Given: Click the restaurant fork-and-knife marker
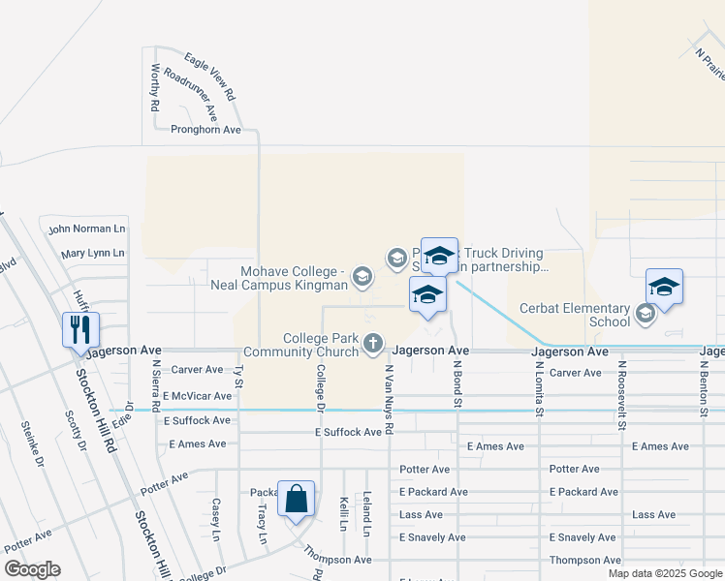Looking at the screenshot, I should (79, 329).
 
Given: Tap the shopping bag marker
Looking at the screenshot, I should (297, 500).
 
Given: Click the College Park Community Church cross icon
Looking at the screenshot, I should (373, 344).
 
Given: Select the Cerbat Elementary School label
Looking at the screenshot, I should (576, 315).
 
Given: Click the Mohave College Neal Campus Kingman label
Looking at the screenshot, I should (279, 278).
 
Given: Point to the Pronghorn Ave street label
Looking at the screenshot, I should (205, 130).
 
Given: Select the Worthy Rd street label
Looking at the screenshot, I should (155, 88).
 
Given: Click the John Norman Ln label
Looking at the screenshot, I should (87, 229).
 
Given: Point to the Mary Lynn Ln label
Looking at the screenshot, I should (93, 254).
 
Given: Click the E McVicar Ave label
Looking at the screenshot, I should (198, 396).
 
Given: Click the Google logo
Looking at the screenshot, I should (32, 569).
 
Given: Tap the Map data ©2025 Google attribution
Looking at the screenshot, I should (666, 573).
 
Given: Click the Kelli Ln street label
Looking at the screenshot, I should (344, 513).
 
